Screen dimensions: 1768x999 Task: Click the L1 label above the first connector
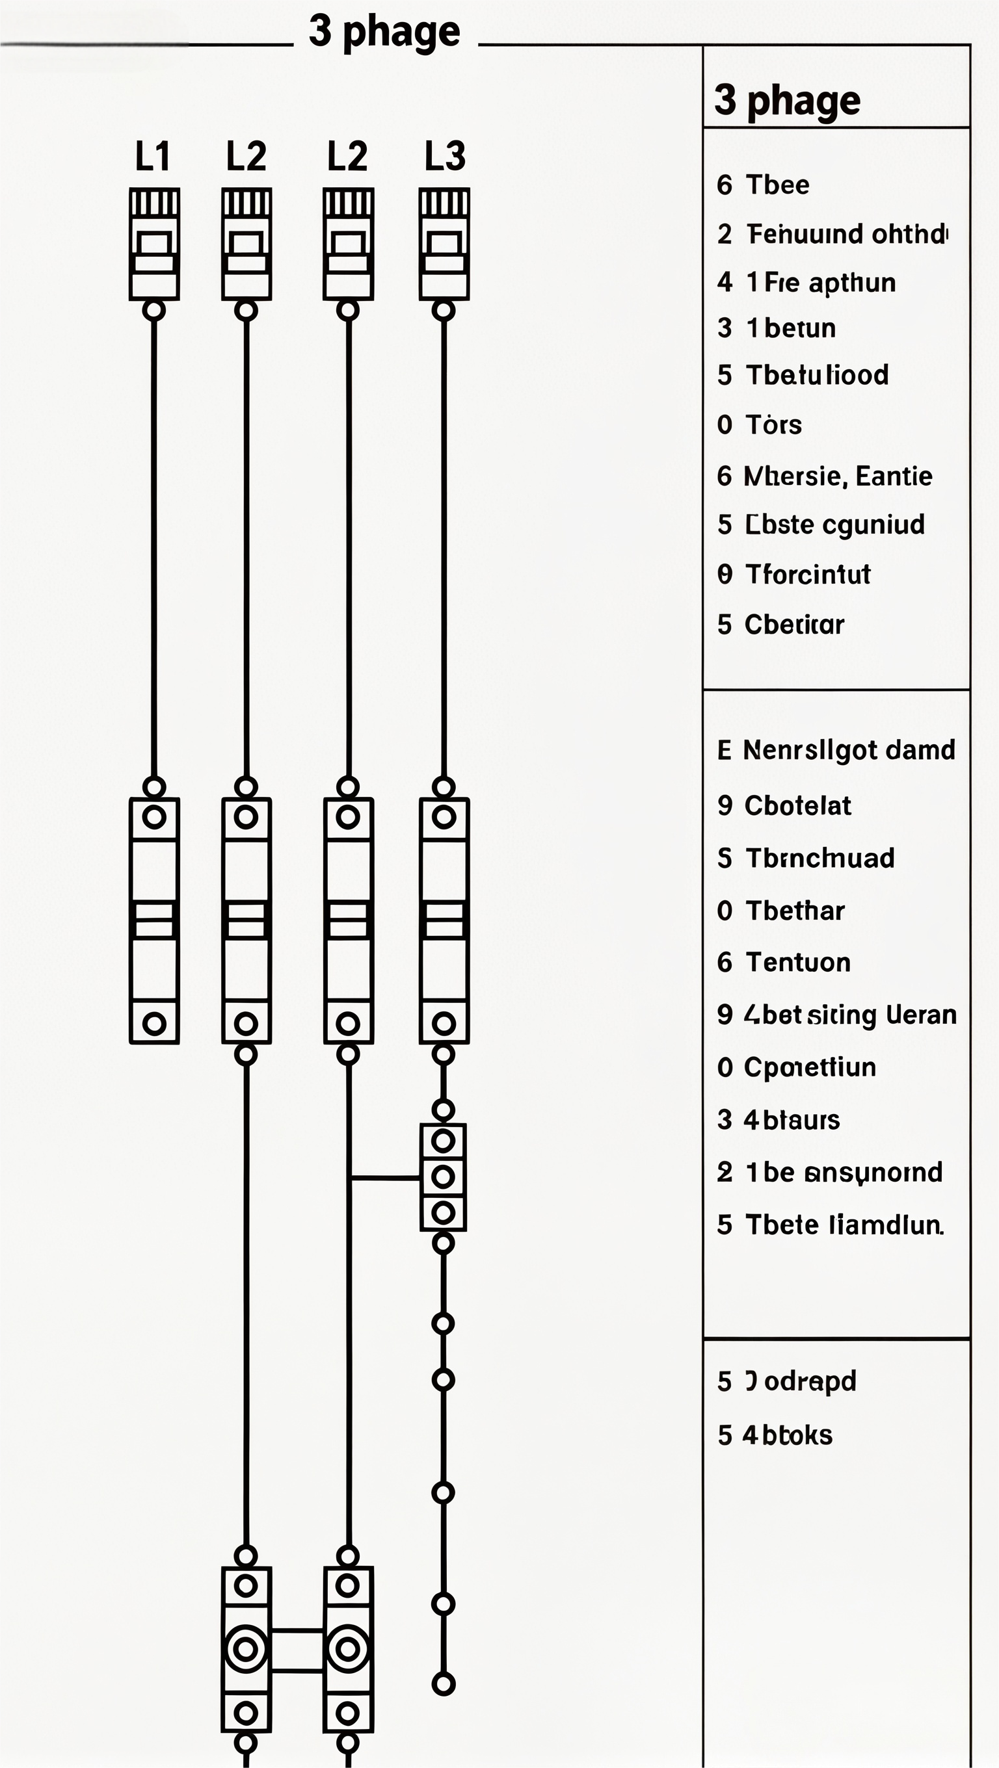point(152,157)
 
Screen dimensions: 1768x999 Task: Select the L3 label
point(445,157)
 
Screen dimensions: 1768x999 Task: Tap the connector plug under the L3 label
point(444,244)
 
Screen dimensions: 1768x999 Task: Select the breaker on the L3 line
point(444,920)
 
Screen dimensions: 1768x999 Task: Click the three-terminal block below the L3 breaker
point(443,1176)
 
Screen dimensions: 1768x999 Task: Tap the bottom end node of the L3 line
point(444,1683)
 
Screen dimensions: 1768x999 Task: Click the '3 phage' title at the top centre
point(384,31)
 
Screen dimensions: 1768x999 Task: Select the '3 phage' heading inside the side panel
point(787,100)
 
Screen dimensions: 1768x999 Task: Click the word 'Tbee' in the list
point(777,185)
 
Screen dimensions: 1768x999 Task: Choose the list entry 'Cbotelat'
point(797,805)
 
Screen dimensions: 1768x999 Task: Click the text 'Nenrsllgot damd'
point(849,750)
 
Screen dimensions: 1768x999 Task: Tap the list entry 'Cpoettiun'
point(810,1067)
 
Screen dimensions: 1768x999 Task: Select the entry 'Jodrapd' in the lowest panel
point(801,1381)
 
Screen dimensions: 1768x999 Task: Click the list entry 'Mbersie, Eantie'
point(838,476)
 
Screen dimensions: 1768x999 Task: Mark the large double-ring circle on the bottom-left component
point(246,1648)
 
